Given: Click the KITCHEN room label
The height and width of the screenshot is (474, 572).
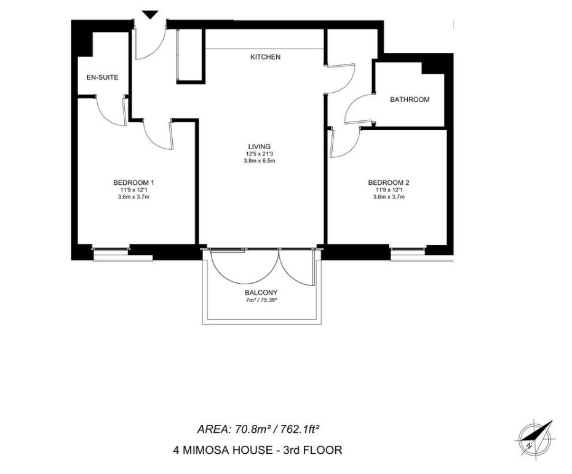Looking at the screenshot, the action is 265,57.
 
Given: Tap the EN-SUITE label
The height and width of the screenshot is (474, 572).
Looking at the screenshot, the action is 102,77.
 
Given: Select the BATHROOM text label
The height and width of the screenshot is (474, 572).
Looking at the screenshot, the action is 410,99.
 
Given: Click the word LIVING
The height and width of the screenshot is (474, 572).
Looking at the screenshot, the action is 260,147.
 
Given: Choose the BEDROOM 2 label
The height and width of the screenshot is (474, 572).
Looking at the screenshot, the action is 389,182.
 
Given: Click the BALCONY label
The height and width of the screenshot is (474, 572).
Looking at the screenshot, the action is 261,292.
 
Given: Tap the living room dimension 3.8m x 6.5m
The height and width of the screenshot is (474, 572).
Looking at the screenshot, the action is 260,160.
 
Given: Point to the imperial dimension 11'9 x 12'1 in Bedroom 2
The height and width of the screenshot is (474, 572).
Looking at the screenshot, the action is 389,190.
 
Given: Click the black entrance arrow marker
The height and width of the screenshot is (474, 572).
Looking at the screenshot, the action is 150,15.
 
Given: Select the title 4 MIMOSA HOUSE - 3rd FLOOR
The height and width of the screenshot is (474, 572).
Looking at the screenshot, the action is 258,450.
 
